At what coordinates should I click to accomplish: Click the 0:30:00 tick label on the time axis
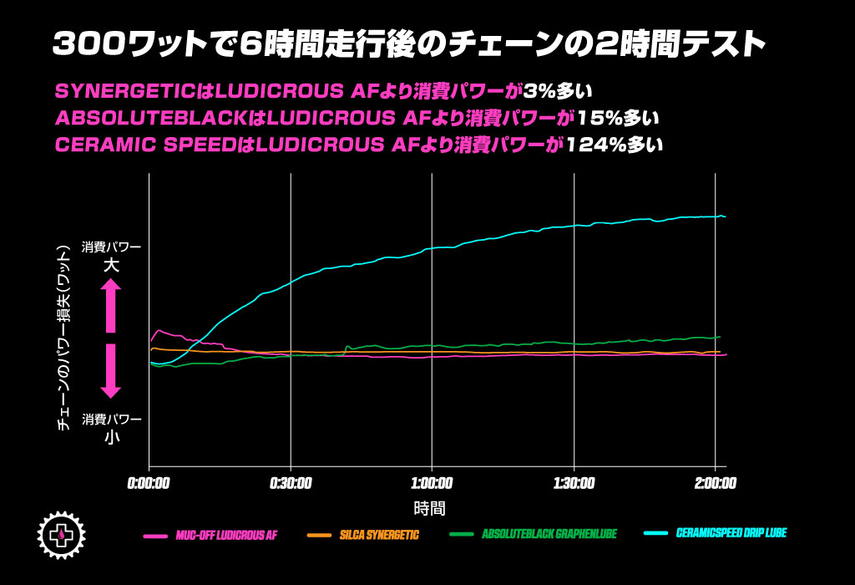pos(291,483)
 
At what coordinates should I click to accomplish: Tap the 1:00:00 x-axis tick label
pos(432,483)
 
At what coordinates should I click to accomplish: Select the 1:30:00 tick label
pos(574,483)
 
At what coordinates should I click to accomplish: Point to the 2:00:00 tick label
pos(716,483)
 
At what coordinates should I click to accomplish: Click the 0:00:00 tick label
pos(149,483)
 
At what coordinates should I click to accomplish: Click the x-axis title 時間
pos(429,507)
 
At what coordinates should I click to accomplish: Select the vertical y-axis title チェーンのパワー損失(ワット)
pos(63,338)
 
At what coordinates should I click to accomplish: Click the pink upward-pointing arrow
pos(111,305)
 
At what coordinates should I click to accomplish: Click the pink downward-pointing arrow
pos(111,370)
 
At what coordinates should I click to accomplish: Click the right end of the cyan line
pos(724,216)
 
